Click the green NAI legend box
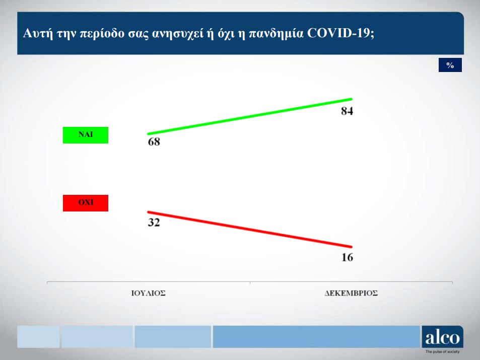click(85, 135)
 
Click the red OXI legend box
click(85, 203)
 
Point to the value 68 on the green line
click(154, 142)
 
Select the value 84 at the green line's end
click(347, 111)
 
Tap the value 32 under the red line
click(154, 222)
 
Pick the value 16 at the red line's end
click(347, 257)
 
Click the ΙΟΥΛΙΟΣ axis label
click(149, 293)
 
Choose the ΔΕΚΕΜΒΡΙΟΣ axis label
click(351, 293)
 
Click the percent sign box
click(450, 65)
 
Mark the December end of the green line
click(351, 99)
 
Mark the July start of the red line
click(149, 212)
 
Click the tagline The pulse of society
click(443, 351)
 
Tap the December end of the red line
click(351, 246)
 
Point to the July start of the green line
click(149, 133)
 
